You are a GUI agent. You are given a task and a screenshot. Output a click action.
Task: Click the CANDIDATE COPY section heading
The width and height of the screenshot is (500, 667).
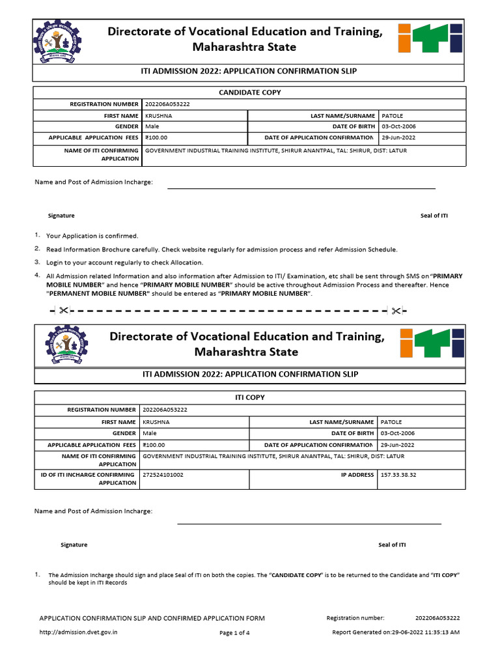point(249,92)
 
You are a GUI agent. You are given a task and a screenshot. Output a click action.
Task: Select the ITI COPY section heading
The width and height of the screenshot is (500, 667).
point(249,397)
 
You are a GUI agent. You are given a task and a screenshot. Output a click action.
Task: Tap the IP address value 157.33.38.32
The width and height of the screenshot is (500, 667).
point(398,475)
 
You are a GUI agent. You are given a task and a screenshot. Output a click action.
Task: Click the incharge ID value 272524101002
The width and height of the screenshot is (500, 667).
point(163,475)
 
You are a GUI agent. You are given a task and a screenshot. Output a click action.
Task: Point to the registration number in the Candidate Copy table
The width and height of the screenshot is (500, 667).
point(167,104)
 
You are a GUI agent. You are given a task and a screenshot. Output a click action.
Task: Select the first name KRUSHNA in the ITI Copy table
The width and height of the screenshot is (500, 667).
point(156,422)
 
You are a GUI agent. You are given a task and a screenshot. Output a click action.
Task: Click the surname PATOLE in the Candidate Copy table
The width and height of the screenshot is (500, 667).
point(393,115)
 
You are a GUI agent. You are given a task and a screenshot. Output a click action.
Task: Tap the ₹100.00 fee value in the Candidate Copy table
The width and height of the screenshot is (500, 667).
point(156,137)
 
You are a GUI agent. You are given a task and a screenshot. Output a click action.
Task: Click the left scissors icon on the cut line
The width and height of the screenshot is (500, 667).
point(62,311)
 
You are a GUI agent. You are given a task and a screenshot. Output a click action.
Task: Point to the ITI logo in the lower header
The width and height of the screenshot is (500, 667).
point(431,343)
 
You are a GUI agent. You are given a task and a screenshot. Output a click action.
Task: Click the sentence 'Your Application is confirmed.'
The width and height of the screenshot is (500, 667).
point(92,236)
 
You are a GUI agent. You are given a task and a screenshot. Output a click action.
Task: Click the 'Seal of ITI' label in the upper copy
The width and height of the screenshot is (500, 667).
point(434,216)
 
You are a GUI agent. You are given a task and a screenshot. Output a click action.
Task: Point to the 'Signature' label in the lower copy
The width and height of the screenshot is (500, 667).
point(74,545)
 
